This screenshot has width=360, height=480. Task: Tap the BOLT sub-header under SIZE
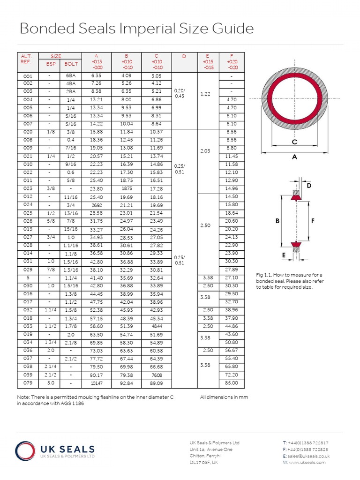tap(71, 64)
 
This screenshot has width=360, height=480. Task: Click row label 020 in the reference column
tap(28, 132)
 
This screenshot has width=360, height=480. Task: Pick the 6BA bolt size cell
tap(71, 75)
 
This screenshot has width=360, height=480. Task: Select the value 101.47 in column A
tap(97, 383)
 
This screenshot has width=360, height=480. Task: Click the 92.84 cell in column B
tap(127, 383)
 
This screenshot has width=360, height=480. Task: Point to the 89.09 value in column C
tap(157, 383)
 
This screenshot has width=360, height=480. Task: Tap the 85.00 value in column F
tap(232, 383)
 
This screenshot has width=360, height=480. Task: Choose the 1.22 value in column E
tap(205, 94)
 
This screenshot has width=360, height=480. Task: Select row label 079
tap(28, 383)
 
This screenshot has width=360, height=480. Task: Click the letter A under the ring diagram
tap(295, 157)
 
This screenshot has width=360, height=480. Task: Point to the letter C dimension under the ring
tap(294, 142)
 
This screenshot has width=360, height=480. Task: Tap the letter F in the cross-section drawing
tap(313, 220)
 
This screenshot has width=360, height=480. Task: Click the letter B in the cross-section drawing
tap(277, 220)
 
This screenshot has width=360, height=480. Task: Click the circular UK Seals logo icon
tap(26, 451)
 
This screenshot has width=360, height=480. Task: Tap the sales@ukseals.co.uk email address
tap(309, 456)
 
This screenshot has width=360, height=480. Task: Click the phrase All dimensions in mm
tap(224, 397)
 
